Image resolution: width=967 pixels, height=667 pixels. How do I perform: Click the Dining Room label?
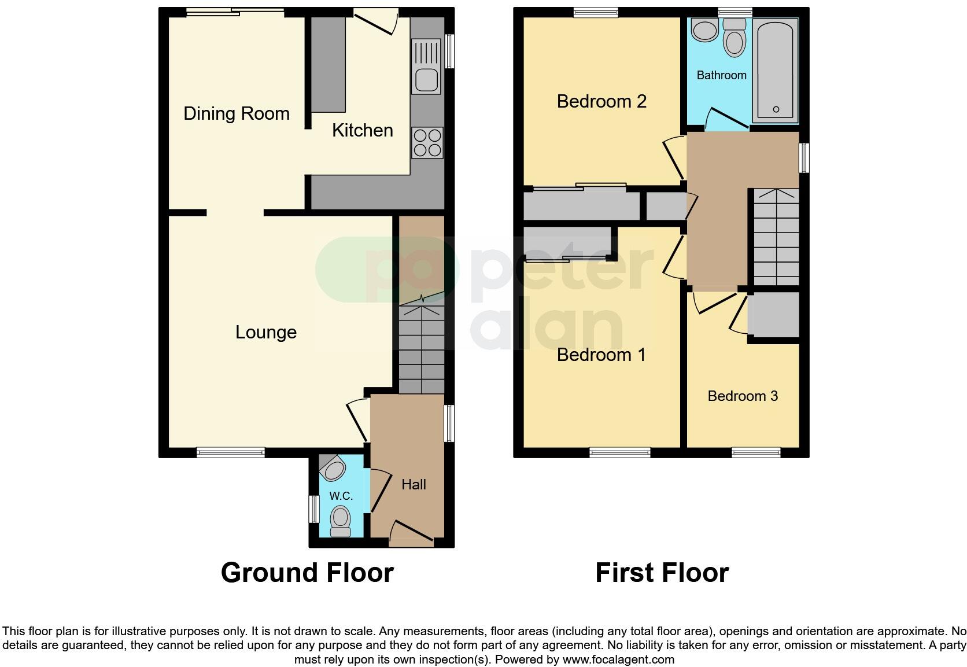pyautogui.click(x=237, y=113)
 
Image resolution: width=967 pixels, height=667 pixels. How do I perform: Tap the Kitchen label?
pyautogui.click(x=362, y=130)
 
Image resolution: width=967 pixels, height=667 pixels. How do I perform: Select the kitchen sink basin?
pyautogui.click(x=426, y=80)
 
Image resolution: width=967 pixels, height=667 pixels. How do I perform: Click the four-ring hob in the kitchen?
pyautogui.click(x=427, y=142)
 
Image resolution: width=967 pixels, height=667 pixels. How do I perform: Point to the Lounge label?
pyautogui.click(x=266, y=332)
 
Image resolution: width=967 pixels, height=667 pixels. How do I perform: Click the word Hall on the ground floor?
pyautogui.click(x=414, y=484)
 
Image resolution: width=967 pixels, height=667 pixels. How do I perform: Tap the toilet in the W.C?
pyautogui.click(x=341, y=520)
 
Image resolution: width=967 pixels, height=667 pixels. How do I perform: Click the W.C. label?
pyautogui.click(x=341, y=496)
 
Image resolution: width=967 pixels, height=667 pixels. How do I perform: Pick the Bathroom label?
pyautogui.click(x=721, y=75)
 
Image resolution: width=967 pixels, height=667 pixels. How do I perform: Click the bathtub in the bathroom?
pyautogui.click(x=775, y=71)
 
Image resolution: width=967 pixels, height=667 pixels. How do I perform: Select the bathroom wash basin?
pyautogui.click(x=704, y=30)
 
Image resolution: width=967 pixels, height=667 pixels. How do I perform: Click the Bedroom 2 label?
pyautogui.click(x=601, y=101)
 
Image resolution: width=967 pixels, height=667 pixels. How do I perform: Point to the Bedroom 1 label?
pyautogui.click(x=601, y=355)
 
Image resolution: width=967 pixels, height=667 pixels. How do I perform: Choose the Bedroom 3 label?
pyautogui.click(x=743, y=396)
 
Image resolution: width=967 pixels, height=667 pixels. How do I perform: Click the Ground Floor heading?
pyautogui.click(x=307, y=573)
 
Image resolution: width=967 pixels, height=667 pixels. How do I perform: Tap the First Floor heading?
pyautogui.click(x=662, y=573)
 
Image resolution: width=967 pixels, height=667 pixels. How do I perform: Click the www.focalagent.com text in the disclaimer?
pyautogui.click(x=618, y=659)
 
